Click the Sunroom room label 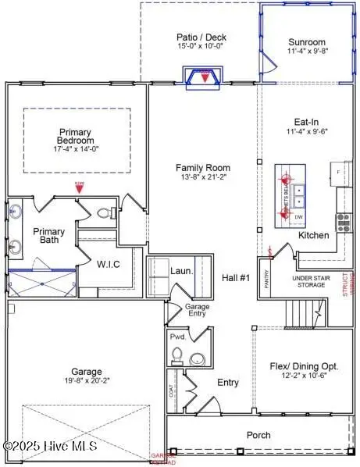[x=307, y=43]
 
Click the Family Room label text [x=202, y=168]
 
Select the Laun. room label [x=182, y=271]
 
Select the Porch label [x=258, y=435]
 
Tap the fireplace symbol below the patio [x=205, y=77]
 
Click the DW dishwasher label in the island [x=299, y=216]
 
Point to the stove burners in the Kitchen [x=341, y=223]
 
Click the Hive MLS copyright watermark [x=51, y=446]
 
